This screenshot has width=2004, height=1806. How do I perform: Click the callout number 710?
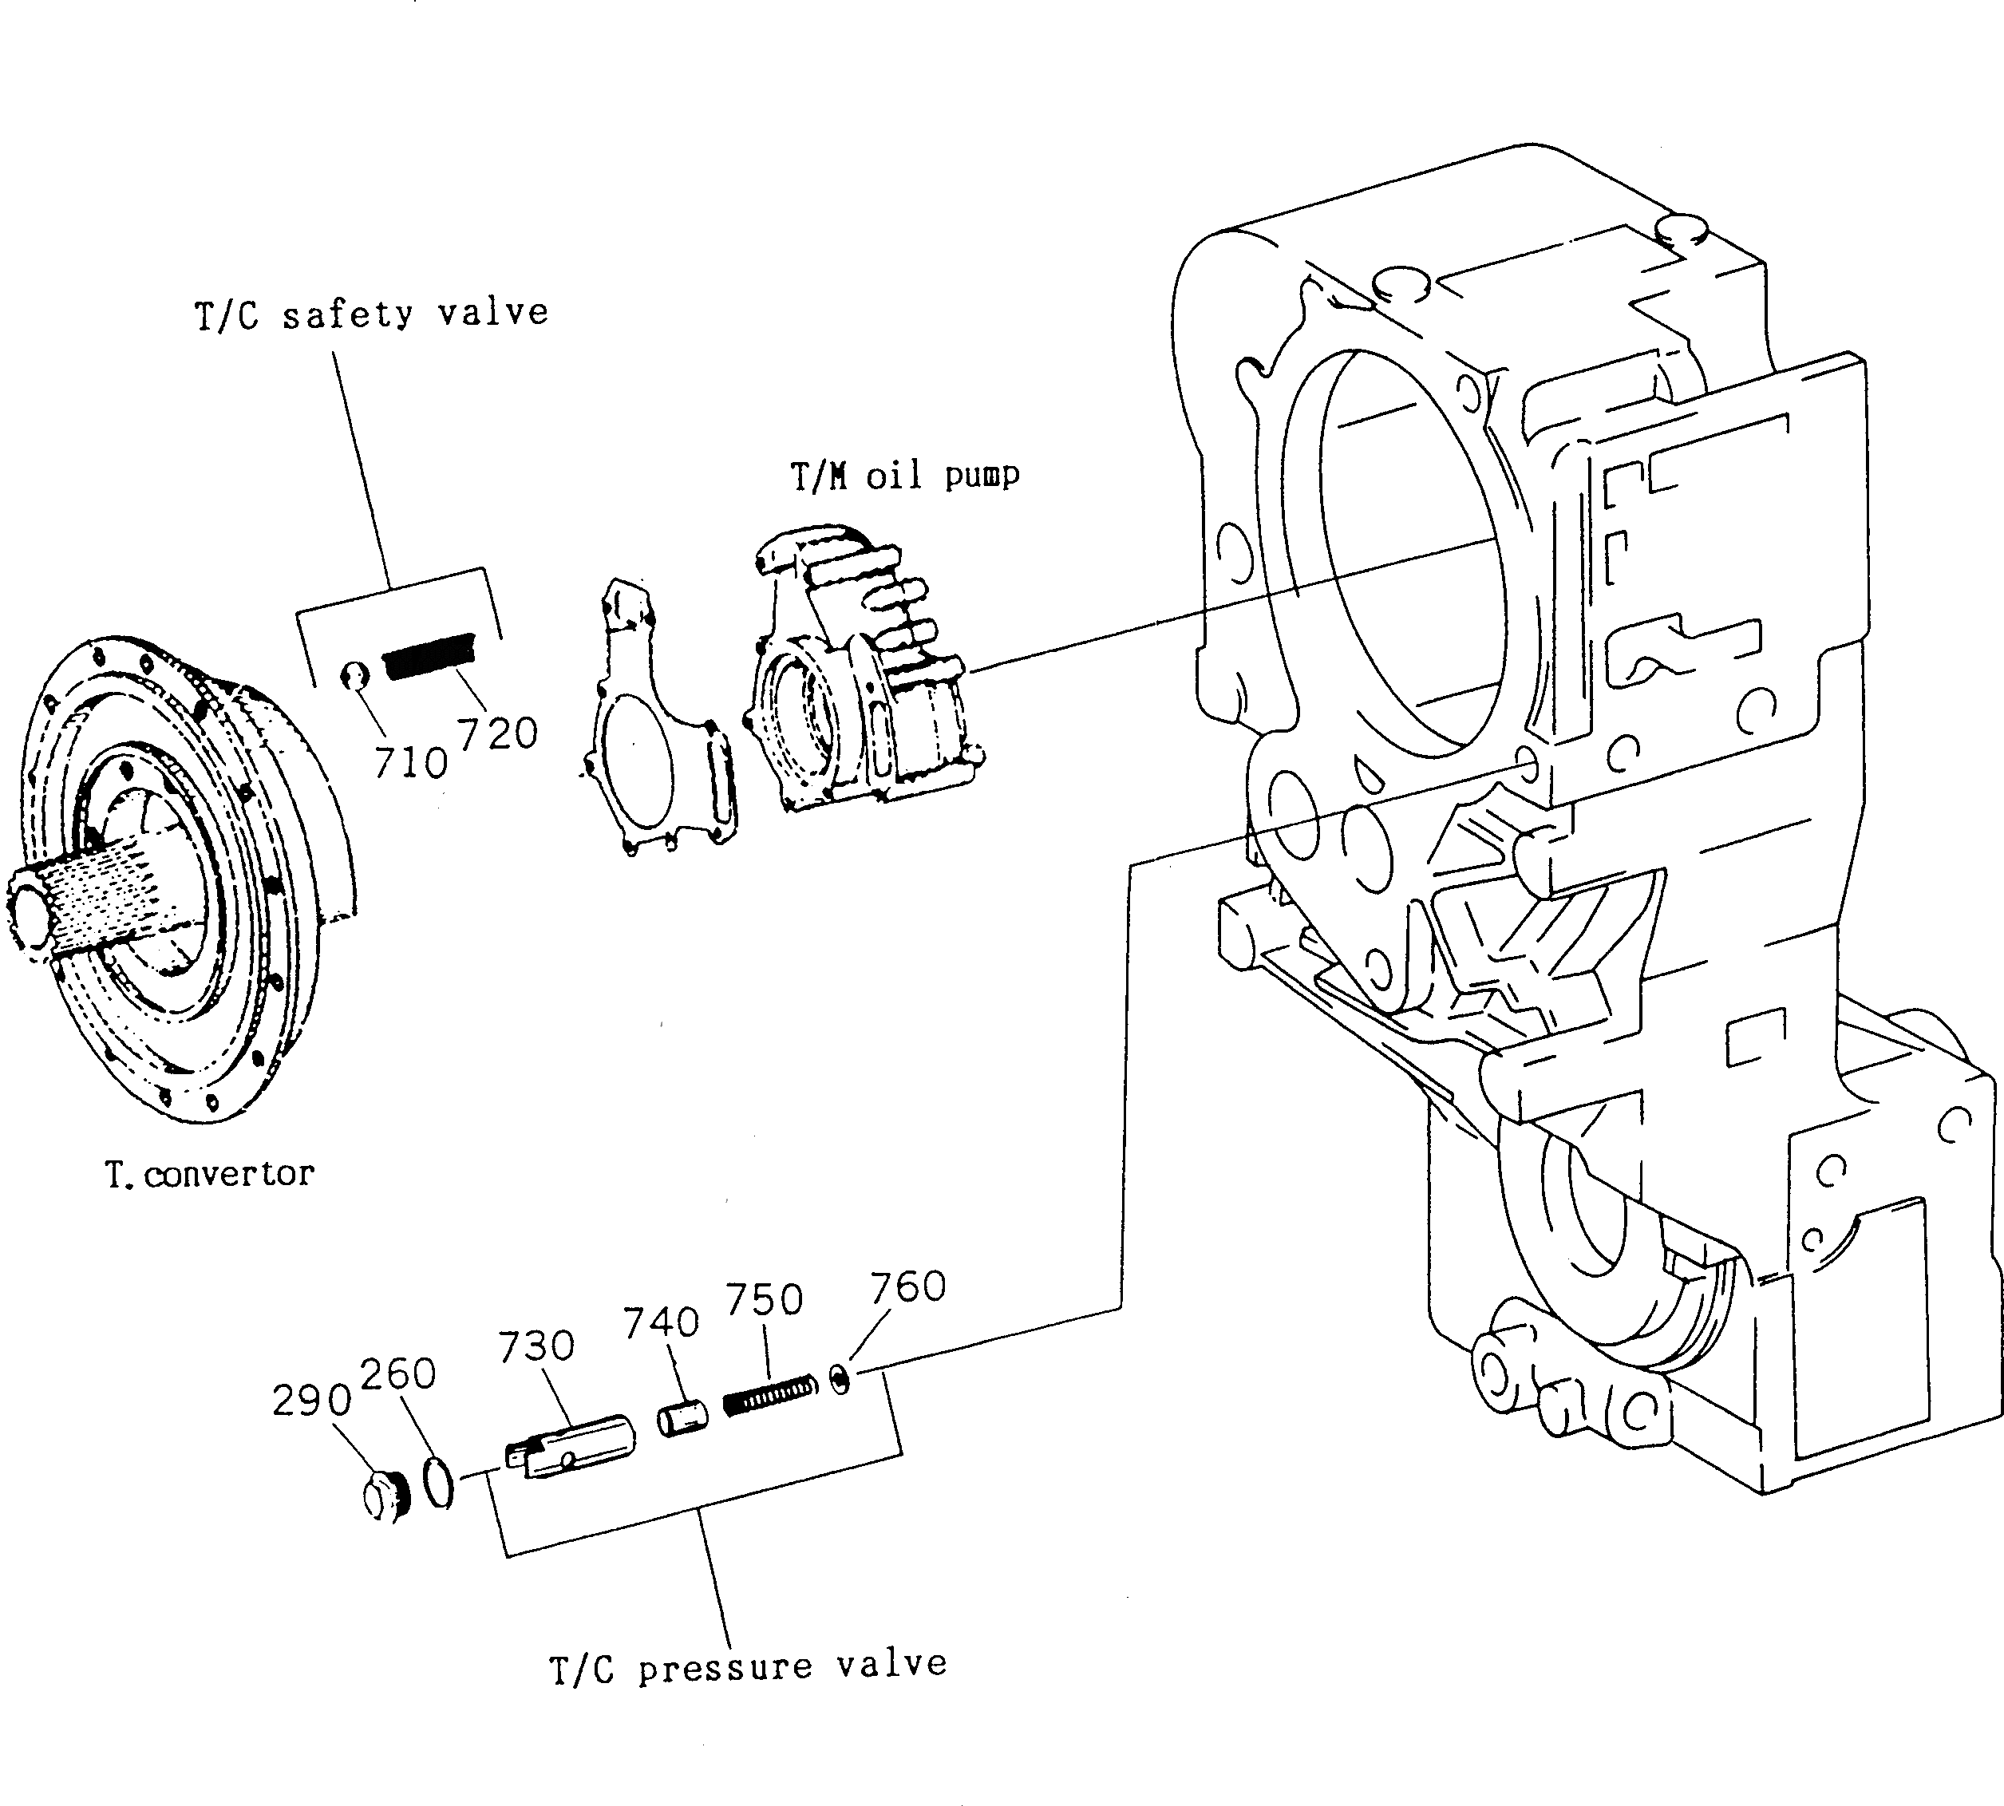(x=411, y=763)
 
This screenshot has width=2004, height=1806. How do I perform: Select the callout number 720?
(x=497, y=733)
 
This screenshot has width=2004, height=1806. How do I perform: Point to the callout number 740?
(x=661, y=1322)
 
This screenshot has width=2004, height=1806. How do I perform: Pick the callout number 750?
(x=764, y=1299)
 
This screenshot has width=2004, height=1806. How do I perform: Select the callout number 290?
(x=311, y=1400)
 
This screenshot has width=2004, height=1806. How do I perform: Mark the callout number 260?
(x=397, y=1374)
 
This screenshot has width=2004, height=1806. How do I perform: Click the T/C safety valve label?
(x=371, y=314)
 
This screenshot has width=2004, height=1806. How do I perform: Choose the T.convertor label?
(x=209, y=1175)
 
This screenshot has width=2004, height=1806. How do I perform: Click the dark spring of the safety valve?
(x=430, y=656)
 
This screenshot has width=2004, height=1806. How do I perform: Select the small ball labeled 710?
(x=354, y=677)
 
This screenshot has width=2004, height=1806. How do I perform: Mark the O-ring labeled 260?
(x=438, y=1483)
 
